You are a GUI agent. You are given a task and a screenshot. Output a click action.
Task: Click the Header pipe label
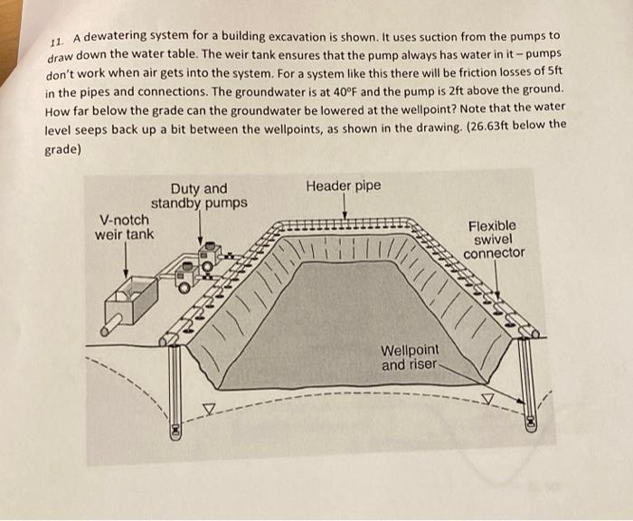(x=343, y=186)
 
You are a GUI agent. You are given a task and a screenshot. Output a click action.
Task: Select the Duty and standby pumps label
(x=199, y=195)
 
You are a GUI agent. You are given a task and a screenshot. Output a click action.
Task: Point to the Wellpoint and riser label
(x=410, y=358)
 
